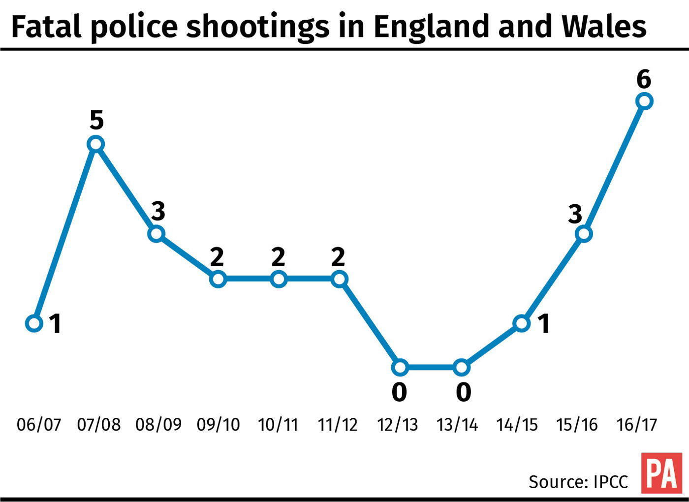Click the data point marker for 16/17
click(644, 101)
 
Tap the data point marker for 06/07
click(34, 323)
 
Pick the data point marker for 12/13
click(400, 367)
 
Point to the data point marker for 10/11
click(279, 280)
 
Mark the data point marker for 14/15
click(522, 323)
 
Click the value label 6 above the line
click(644, 79)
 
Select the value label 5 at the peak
click(96, 120)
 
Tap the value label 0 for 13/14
click(463, 392)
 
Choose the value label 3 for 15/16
click(575, 214)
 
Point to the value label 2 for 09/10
click(217, 257)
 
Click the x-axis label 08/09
click(158, 425)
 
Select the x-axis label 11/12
click(338, 425)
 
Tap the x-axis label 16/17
click(637, 425)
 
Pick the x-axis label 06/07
click(39, 425)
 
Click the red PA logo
click(661, 473)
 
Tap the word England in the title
click(433, 27)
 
